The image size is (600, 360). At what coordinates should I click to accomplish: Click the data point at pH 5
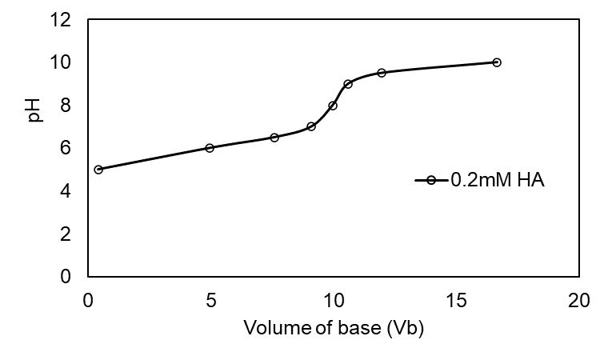click(x=98, y=170)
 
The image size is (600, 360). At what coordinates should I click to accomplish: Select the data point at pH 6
click(x=210, y=148)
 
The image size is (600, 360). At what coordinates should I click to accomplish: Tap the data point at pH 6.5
click(x=274, y=138)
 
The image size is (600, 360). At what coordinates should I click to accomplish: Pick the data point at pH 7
click(x=311, y=126)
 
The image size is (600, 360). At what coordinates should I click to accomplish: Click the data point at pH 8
click(x=333, y=106)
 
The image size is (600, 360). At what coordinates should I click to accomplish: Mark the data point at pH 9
click(x=348, y=84)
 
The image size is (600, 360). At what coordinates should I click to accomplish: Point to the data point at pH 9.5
click(x=382, y=73)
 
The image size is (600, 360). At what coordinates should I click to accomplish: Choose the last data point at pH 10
click(x=497, y=62)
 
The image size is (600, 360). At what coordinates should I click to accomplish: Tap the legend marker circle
click(x=431, y=181)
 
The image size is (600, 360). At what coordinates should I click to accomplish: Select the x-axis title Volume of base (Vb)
click(x=333, y=328)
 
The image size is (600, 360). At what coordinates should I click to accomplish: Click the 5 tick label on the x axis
click(x=210, y=301)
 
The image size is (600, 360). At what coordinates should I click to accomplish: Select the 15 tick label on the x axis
click(x=455, y=301)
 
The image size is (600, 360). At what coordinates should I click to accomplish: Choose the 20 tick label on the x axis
click(x=578, y=301)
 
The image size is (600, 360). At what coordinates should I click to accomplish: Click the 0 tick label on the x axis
click(x=88, y=301)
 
